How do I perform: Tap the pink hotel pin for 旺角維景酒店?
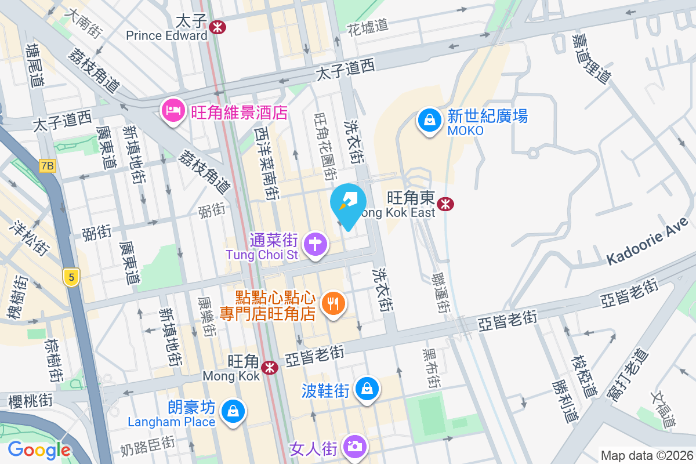coord(173,110)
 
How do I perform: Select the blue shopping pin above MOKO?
coord(429,120)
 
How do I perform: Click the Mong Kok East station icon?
coord(445,204)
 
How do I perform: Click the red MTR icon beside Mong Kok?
coord(269,367)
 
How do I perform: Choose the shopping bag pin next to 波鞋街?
coord(367,388)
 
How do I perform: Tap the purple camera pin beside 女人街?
coord(353,446)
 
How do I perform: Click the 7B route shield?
coord(48,166)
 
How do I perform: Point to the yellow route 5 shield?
coord(71,278)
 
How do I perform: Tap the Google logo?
coord(39,450)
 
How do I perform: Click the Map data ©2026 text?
coord(646,456)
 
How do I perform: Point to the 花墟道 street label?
coord(367,27)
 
